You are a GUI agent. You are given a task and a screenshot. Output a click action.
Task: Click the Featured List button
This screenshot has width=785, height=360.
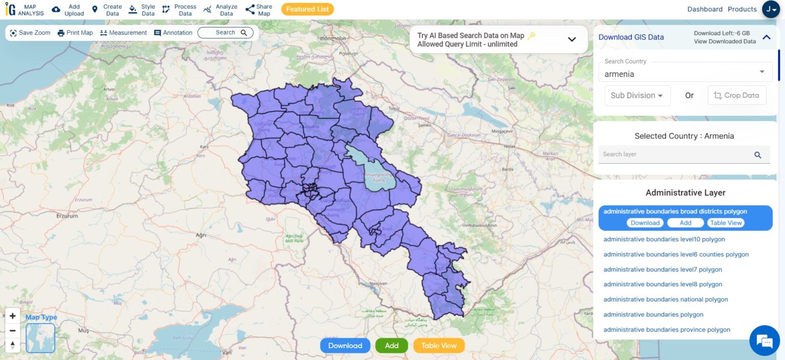point(307,9)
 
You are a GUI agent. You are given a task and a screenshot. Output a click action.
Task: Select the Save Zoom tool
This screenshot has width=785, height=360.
point(30,33)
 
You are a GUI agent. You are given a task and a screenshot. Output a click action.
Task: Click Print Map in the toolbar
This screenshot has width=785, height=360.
point(75,33)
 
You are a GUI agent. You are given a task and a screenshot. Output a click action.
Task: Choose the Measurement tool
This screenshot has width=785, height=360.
point(123,33)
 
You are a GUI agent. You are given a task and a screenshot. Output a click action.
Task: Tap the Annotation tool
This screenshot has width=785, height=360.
point(173,33)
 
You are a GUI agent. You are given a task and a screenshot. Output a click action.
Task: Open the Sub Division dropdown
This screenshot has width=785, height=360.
point(637,96)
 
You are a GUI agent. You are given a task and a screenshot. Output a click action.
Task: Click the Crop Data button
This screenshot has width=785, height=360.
point(736,96)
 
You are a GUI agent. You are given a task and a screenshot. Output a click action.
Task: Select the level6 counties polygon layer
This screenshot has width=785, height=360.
point(676,254)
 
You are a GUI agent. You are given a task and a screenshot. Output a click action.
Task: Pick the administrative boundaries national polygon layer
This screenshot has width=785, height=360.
point(665,300)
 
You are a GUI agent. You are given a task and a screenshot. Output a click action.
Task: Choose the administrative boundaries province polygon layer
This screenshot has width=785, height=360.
point(666,330)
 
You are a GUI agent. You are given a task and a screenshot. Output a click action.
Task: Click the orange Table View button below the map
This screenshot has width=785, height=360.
point(438,346)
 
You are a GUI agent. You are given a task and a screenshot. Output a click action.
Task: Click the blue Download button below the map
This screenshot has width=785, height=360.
point(345,346)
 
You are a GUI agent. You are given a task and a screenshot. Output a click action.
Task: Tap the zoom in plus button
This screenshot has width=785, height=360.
point(13,316)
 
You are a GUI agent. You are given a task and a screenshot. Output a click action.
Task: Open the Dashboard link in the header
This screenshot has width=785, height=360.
point(704,9)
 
